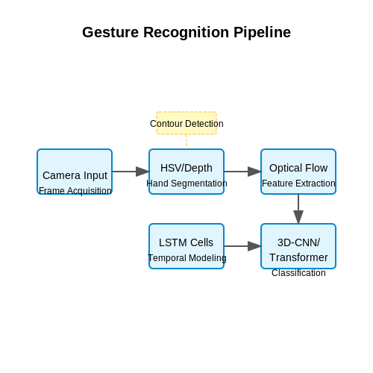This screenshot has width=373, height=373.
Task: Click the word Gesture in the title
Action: coord(110,32)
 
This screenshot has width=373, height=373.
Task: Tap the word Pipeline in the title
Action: coord(262,33)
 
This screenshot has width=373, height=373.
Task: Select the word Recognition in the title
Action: coord(186,33)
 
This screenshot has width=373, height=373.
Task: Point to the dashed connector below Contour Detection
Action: coord(186,142)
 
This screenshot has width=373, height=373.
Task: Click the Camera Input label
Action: coord(75,175)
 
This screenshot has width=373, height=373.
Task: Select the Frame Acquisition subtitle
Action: coord(75,191)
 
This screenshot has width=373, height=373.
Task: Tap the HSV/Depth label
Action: coord(186,168)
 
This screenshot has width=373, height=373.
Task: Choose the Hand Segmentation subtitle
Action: coord(186,184)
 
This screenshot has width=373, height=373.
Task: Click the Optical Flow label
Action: coord(298,168)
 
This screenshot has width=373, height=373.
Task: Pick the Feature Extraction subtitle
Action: coord(298,184)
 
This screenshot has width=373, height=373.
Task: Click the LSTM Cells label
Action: coord(186,242)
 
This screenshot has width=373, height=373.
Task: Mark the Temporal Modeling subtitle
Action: coord(187,258)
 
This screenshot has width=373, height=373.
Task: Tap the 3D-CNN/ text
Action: coord(298,242)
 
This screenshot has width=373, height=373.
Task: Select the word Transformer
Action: coord(298,257)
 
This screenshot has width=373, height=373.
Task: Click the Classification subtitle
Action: coord(298,273)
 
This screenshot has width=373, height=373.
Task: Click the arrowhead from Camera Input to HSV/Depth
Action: coord(142,172)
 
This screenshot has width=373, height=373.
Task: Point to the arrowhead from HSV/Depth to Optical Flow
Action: coord(254,172)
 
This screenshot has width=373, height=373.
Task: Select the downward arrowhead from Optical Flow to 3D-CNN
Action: coord(298,217)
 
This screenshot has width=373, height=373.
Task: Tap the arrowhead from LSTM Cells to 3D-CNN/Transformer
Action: coord(254,246)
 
